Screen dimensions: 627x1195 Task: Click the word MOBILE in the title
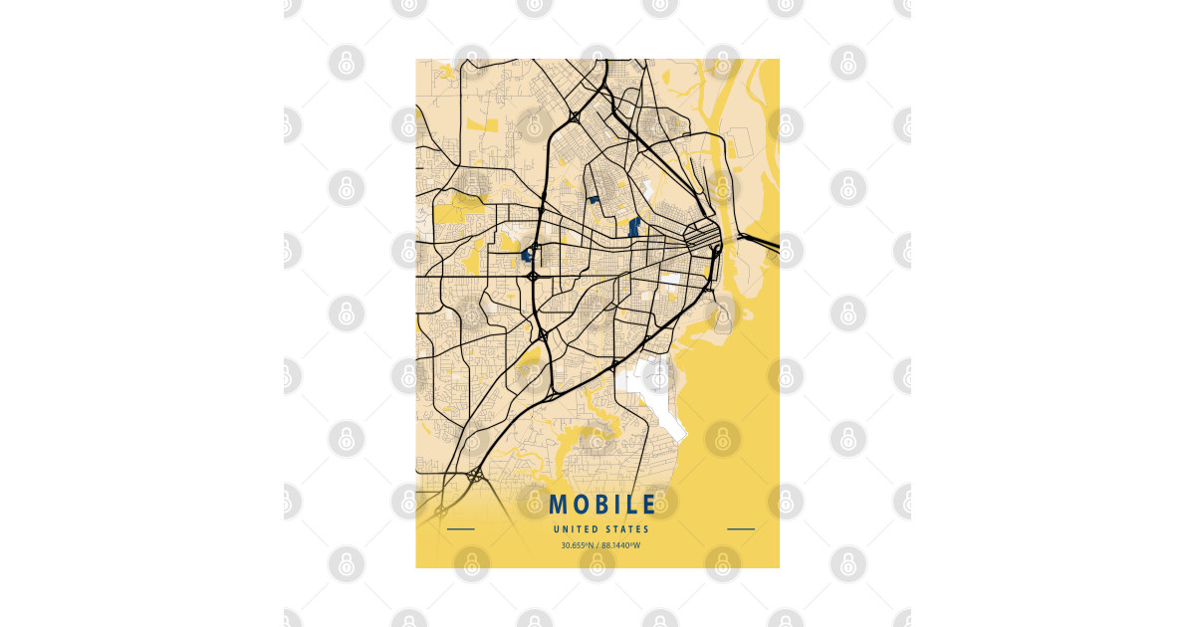[601, 506]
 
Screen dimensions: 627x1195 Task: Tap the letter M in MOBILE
[558, 506]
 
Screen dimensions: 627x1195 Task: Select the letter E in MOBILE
[648, 506]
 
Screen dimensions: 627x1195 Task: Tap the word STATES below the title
[625, 529]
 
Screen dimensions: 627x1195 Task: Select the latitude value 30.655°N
[577, 545]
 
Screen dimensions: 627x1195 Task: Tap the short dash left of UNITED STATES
[461, 529]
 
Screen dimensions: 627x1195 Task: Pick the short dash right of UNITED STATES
[741, 529]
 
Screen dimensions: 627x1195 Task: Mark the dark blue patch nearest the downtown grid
[633, 225]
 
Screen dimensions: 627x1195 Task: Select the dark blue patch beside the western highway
[527, 255]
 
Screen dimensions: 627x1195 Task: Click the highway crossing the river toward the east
[762, 241]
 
